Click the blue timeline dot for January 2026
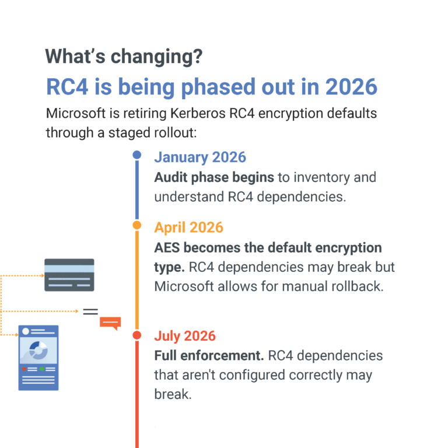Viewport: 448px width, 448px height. tap(137, 155)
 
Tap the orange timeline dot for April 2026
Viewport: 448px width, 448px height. tap(137, 225)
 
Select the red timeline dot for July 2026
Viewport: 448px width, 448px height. tap(137, 335)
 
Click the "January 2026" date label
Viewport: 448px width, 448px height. tap(199, 157)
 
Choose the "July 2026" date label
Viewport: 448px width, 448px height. tap(184, 336)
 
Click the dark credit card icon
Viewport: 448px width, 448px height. tap(69, 275)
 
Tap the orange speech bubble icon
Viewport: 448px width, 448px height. tap(110, 322)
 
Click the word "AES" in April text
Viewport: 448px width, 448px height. tap(169, 247)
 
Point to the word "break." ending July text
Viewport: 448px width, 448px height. tap(172, 394)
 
